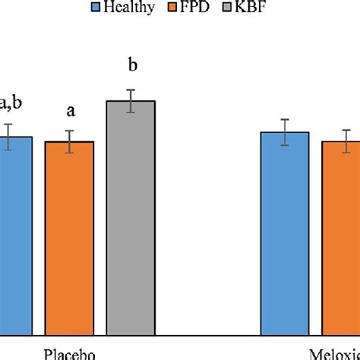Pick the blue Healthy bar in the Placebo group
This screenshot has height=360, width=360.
click(15, 235)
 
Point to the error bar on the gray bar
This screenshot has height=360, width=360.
click(131, 101)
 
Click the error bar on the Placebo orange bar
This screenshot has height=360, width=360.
click(69, 141)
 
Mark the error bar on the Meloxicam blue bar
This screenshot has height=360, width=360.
click(285, 132)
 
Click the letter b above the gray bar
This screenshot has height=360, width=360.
click(132, 67)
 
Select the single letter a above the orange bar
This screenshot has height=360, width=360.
click(71, 112)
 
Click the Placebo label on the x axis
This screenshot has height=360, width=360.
click(68, 353)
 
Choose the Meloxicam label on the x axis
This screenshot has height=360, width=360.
click(334, 353)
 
